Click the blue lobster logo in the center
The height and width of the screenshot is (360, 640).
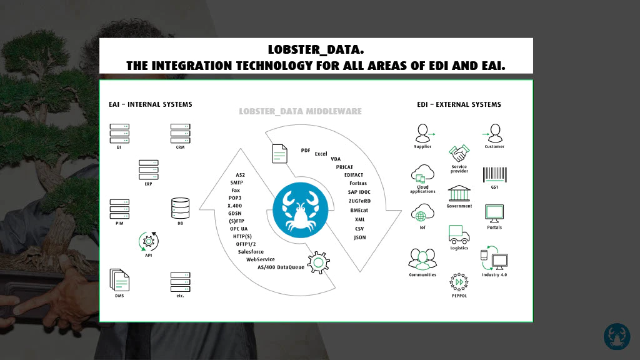click(x=301, y=210)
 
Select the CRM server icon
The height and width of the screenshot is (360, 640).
click(x=181, y=134)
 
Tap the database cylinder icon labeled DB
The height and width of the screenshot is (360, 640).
click(x=181, y=208)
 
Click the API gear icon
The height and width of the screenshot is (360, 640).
click(x=149, y=242)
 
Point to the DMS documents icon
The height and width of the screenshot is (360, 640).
click(x=119, y=280)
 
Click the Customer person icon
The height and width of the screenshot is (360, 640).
click(x=492, y=133)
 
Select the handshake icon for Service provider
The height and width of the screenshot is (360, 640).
click(x=459, y=154)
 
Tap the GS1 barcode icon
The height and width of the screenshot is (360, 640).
click(x=495, y=175)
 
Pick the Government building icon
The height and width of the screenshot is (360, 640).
click(x=459, y=194)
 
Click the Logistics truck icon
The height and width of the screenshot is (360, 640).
click(x=459, y=234)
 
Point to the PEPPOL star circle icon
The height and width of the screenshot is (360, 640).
click(x=459, y=282)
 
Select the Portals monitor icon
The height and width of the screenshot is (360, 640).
click(x=494, y=214)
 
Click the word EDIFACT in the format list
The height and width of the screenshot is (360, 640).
click(x=354, y=175)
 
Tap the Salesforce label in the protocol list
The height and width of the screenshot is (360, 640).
click(x=251, y=252)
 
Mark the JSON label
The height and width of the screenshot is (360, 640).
click(x=359, y=237)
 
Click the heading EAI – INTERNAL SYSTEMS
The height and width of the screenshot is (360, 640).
click(x=150, y=104)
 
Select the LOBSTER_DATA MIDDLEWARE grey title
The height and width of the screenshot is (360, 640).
click(x=301, y=111)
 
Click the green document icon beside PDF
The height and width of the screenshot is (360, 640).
click(x=279, y=154)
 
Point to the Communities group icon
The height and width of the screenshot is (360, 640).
click(x=422, y=259)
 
